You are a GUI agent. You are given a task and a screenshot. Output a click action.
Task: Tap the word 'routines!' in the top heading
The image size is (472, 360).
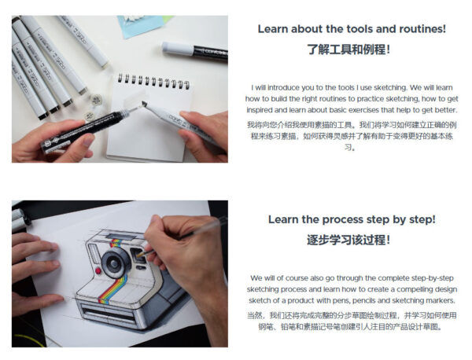tap(422, 29)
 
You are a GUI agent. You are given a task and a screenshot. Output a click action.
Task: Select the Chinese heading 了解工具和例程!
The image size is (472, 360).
tap(348, 50)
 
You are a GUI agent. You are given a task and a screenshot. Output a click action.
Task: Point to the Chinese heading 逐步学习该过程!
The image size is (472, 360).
tap(348, 240)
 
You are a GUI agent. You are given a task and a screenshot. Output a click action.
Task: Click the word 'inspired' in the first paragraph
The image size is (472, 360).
tap(259, 110)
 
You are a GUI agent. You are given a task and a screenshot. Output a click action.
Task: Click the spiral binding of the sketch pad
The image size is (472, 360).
tap(153, 80)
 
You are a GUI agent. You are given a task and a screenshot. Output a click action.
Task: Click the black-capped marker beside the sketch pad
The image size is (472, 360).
tap(195, 51)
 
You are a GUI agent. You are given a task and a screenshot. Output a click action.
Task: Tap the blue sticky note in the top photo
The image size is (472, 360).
tap(141, 25)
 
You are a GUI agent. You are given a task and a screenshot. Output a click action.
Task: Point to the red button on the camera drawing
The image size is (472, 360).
tap(98, 270)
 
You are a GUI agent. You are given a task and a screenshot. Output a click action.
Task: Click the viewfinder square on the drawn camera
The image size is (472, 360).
tap(137, 255)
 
